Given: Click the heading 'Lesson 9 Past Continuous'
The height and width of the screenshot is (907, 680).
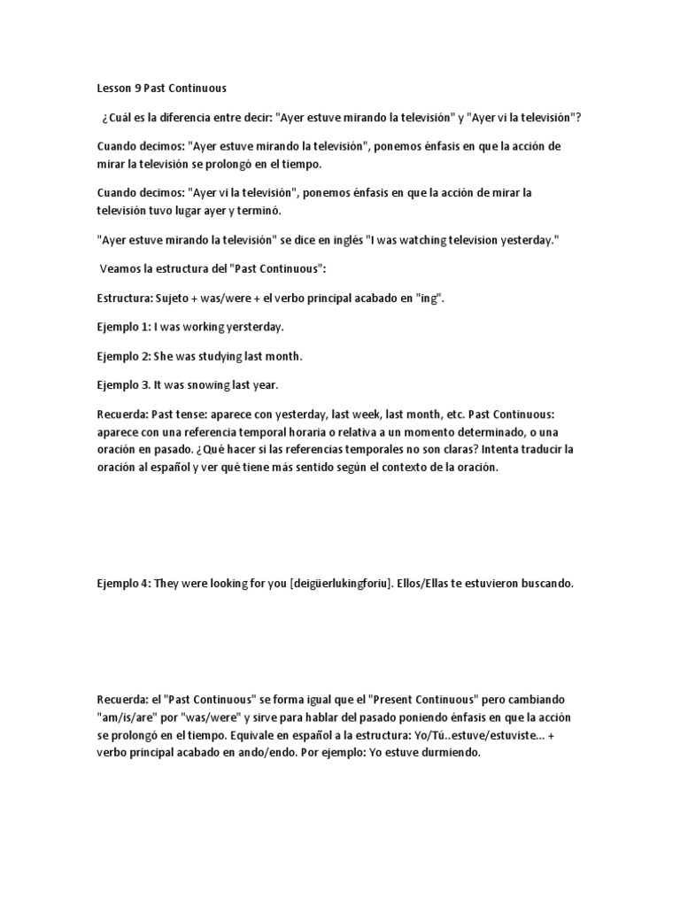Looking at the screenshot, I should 161,88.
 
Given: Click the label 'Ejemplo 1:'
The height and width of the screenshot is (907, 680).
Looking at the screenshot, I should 124,327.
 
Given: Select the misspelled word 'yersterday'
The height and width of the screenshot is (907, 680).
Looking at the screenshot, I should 253,327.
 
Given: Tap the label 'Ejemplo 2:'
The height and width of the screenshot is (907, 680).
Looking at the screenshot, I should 124,356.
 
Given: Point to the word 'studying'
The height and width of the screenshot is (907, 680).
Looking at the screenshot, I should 210,356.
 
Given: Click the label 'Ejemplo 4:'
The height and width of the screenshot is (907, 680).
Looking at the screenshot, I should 124,583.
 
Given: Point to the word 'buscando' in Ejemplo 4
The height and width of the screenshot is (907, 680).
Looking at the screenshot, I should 548,583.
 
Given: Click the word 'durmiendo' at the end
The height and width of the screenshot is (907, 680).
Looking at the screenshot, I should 452,753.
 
